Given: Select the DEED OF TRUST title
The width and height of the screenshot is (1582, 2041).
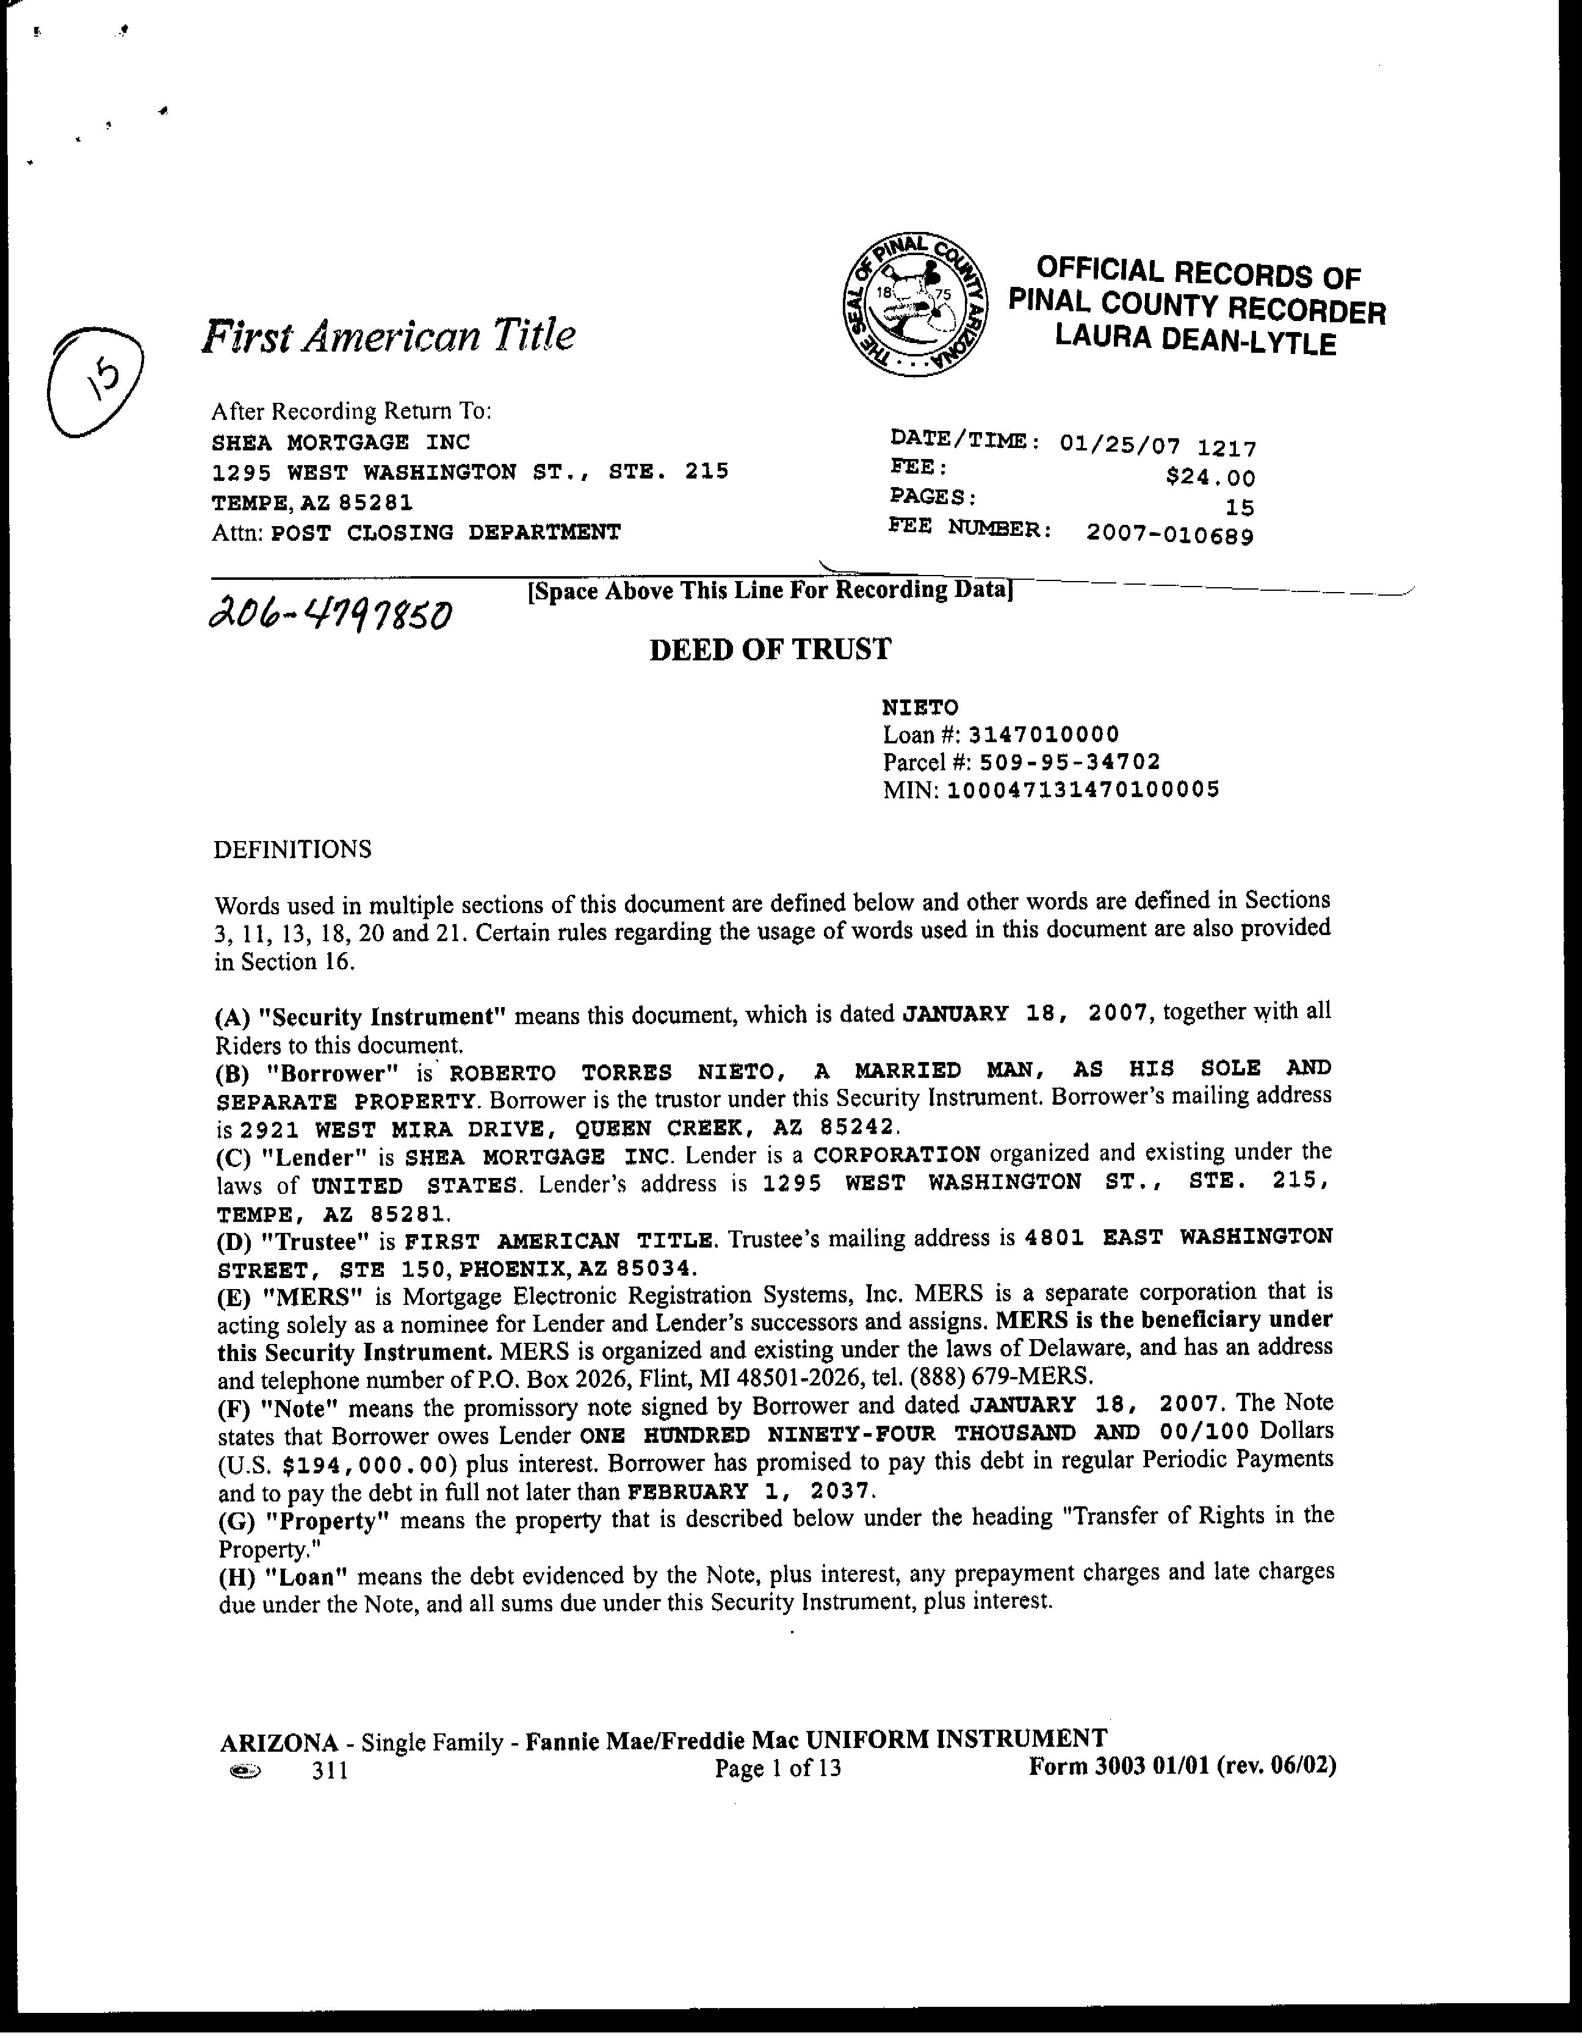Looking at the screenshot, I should click(770, 649).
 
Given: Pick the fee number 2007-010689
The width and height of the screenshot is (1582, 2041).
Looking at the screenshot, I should click(1170, 535).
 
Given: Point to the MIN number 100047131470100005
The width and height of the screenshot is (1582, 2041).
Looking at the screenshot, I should click(1083, 790).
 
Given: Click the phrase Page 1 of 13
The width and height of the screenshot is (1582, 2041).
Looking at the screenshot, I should click(778, 1768).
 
